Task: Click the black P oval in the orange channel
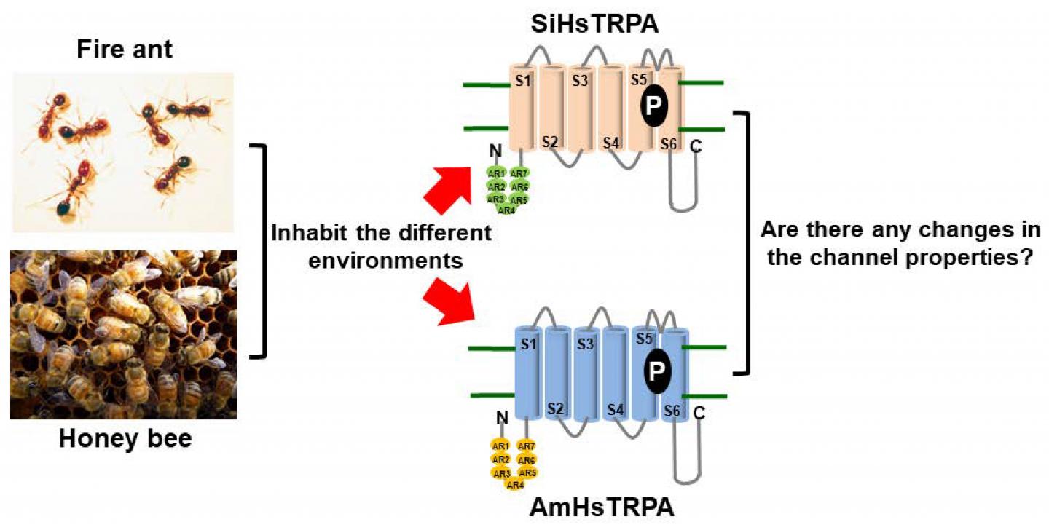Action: tap(654, 106)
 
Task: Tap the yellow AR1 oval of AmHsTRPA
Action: tap(500, 446)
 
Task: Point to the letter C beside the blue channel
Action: tap(700, 414)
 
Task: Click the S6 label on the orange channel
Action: tap(669, 144)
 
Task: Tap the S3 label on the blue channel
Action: tap(584, 344)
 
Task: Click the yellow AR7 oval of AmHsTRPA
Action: tap(527, 446)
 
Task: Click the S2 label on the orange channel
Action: tap(550, 141)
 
